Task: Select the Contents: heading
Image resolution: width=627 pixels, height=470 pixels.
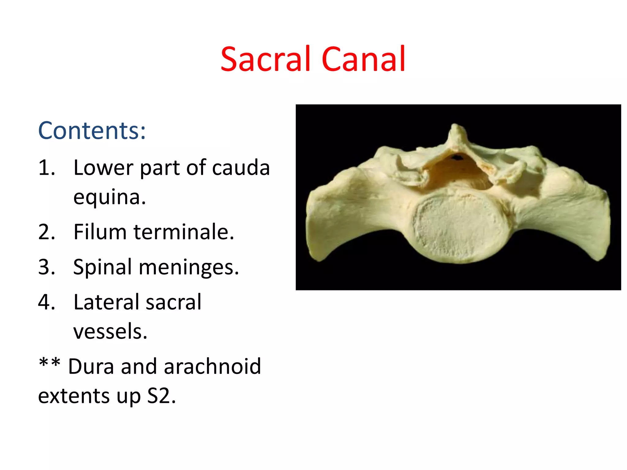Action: [x=92, y=131]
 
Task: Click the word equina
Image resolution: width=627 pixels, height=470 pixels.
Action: [x=109, y=197]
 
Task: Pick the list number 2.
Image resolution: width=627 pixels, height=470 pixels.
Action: [x=47, y=232]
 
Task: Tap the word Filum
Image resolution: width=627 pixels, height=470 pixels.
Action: [x=100, y=232]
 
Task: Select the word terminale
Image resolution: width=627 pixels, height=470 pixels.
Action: [x=184, y=232]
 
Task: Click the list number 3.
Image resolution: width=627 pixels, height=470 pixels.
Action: [x=47, y=267]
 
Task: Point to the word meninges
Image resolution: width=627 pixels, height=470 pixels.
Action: [x=189, y=267]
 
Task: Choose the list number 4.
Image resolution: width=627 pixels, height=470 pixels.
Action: [x=47, y=302]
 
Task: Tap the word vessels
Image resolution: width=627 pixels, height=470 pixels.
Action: [x=110, y=331]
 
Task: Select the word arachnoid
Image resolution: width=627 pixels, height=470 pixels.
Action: [x=212, y=366]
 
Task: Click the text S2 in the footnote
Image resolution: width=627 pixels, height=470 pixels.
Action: [x=161, y=396]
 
